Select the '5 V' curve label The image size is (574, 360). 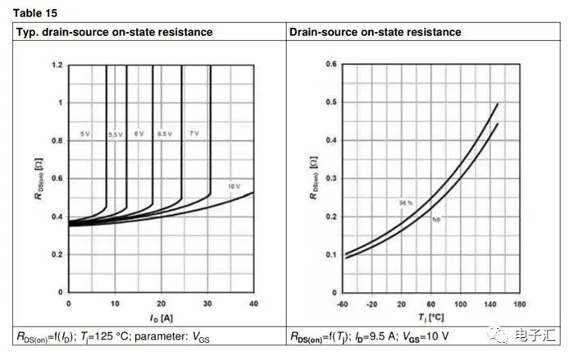pos(85,133)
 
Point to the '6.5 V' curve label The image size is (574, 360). pos(164,133)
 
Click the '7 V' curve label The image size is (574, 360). pos(195,133)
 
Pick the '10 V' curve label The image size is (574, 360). pos(234,187)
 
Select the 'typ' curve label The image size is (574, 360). pos(437,218)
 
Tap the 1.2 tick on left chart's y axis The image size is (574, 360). pos(57,65)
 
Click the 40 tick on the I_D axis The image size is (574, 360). pos(253,303)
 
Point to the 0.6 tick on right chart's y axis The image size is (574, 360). pos(331,64)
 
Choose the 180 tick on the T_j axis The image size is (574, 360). pos(518,303)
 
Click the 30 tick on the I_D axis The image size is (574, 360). pos(207,303)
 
